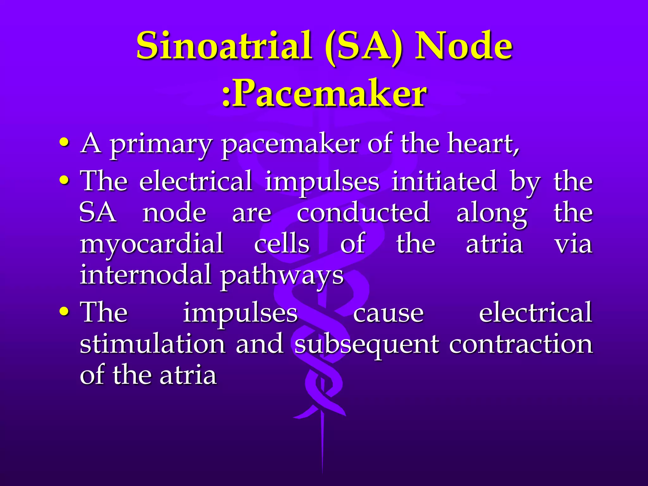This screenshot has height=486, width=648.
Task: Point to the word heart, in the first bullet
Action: point(483,144)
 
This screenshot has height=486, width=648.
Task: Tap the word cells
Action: point(282,244)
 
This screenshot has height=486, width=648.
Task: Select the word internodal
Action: point(145,274)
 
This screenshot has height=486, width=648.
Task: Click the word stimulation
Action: point(152,344)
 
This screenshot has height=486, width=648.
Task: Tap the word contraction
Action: point(520,344)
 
